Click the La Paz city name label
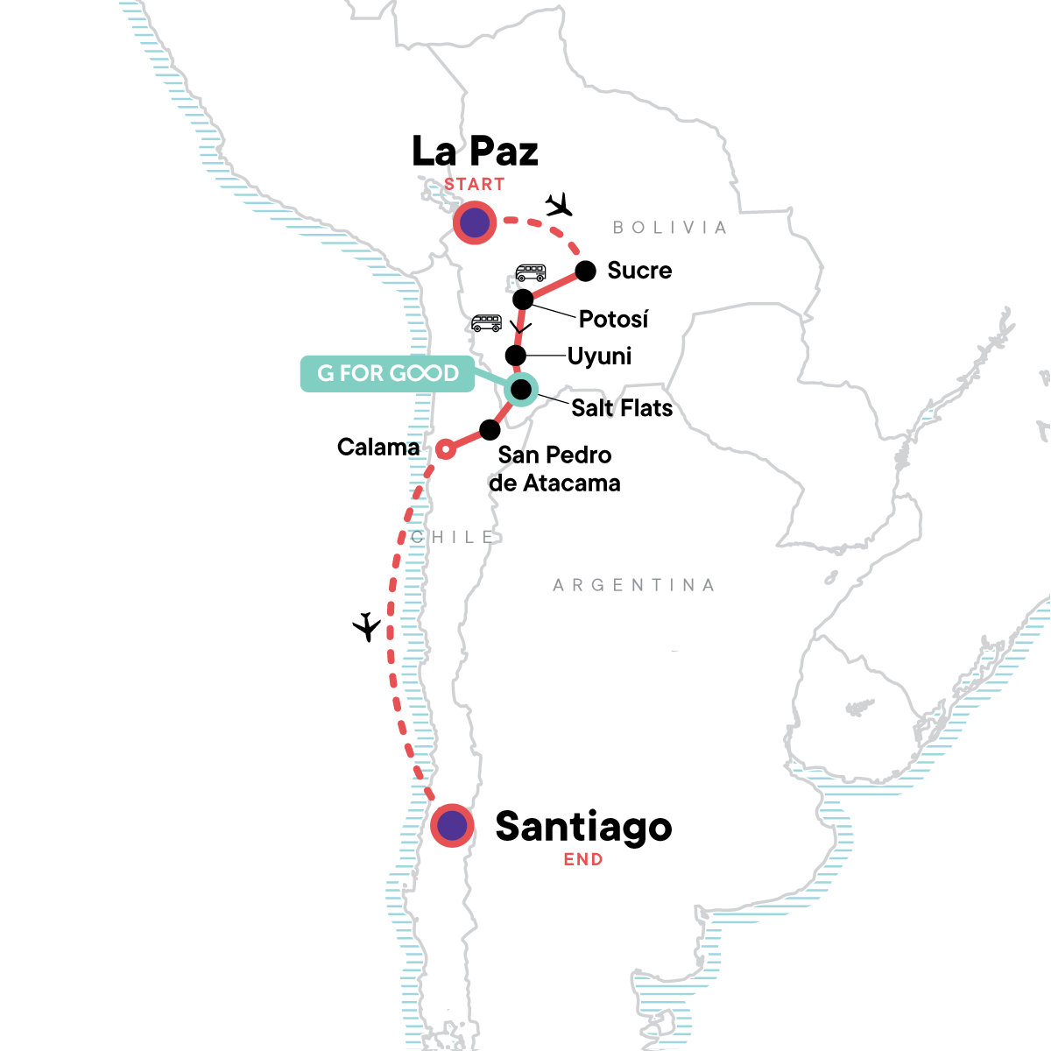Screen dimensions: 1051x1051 (475, 152)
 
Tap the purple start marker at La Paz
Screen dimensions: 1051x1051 (475, 223)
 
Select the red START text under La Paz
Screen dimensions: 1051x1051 (474, 184)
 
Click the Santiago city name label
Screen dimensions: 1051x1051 (583, 826)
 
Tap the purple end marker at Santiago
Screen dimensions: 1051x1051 (452, 825)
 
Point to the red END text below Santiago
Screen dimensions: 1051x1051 (583, 859)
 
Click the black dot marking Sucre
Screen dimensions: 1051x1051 (585, 270)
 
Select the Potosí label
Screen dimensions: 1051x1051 (613, 319)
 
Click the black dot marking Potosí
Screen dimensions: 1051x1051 (523, 300)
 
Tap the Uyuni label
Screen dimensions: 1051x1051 (599, 356)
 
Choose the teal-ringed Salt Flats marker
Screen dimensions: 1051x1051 (520, 389)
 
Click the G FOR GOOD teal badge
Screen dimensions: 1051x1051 (387, 373)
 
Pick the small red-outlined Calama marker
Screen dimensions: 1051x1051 (445, 449)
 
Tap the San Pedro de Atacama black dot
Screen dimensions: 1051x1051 (490, 430)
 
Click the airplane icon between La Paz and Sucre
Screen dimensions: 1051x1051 (558, 206)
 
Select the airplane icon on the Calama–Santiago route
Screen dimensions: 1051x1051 (367, 627)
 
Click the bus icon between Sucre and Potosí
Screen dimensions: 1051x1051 (531, 272)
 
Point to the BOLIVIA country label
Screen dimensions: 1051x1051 (670, 228)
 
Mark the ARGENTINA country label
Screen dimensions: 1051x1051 (633, 585)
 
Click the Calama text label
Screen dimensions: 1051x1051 (378, 448)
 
